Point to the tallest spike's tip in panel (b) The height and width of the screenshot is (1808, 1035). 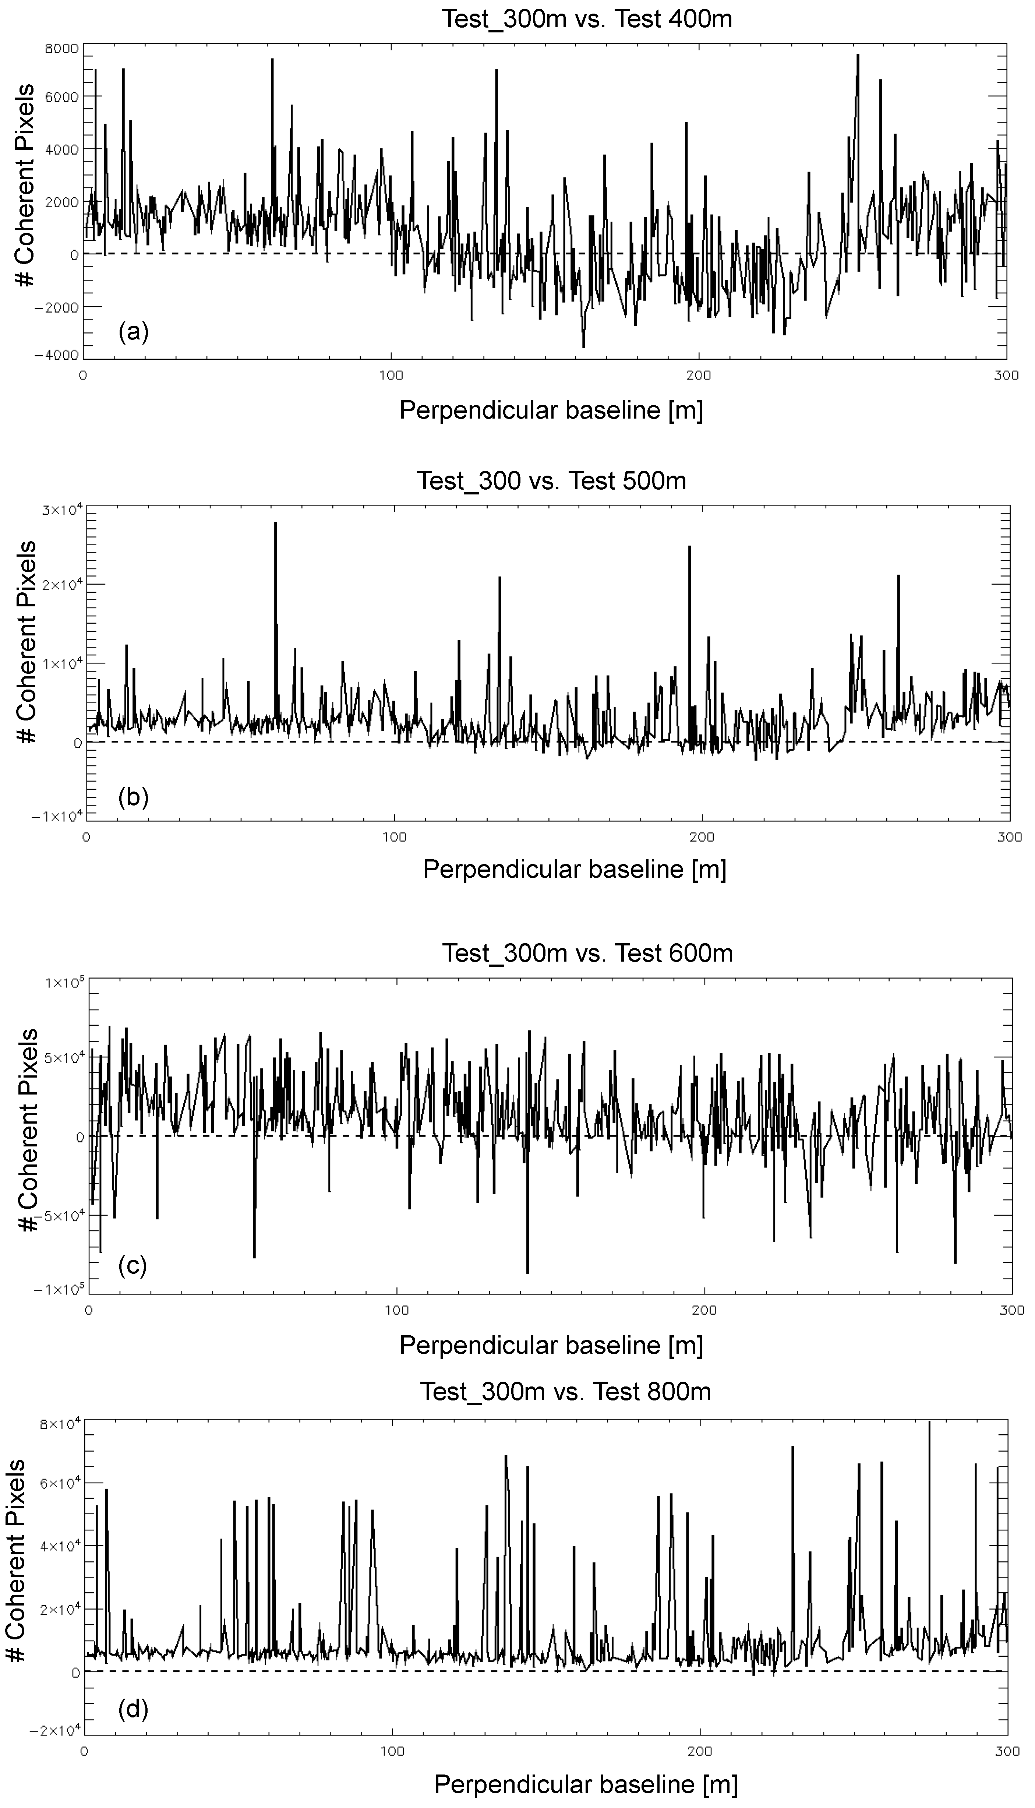pos(275,523)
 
